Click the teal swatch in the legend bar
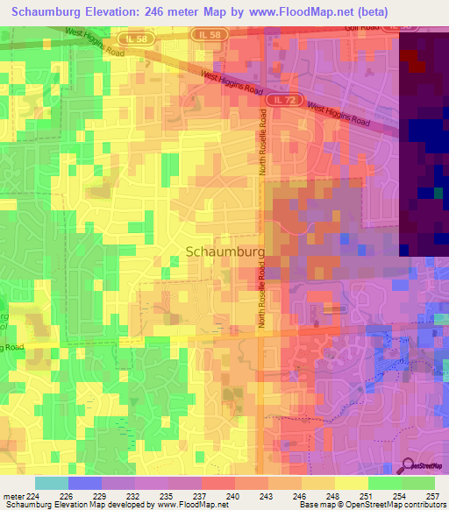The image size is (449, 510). [x=52, y=483]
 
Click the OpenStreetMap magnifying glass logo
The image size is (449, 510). [x=407, y=465]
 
